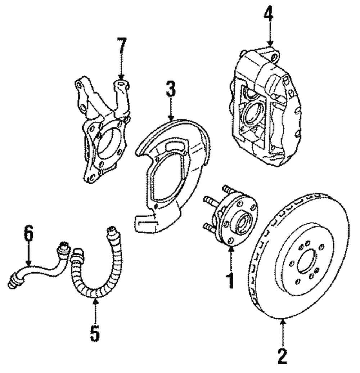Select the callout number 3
tap(171, 89)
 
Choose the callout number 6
tap(28, 234)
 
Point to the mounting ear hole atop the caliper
tap(275, 57)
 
